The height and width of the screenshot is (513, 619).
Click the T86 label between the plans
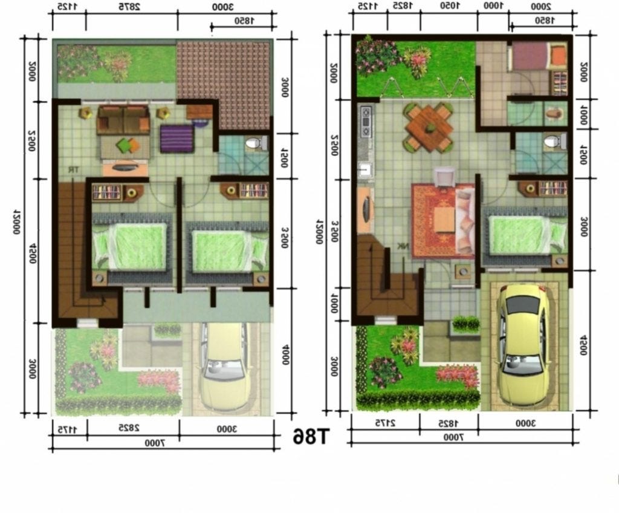click(311, 436)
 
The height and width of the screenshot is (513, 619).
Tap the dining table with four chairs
click(429, 126)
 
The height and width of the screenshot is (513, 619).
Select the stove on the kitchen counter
click(365, 122)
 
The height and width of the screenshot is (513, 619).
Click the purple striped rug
click(177, 139)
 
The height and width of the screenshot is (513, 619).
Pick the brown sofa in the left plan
click(123, 119)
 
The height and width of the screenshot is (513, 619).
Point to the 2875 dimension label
click(132, 7)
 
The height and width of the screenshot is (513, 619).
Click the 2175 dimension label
click(384, 422)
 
